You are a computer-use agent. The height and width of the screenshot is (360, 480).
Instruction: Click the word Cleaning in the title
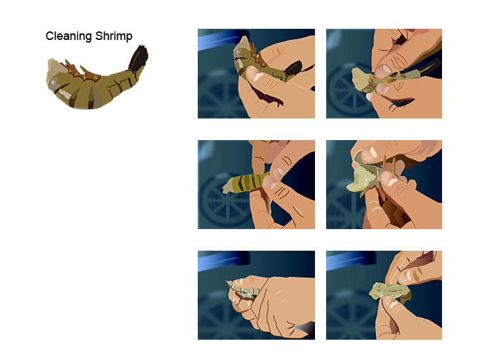pos(69,36)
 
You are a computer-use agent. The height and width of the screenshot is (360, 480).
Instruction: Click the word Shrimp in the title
pos(113,36)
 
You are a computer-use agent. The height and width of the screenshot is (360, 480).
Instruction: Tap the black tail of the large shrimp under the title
pos(138,58)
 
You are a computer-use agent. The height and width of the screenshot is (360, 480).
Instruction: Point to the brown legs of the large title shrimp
pos(81,71)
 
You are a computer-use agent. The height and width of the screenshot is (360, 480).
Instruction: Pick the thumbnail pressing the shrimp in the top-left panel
pos(253,74)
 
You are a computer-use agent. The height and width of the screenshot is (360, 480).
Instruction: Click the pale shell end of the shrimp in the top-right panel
pos(360,79)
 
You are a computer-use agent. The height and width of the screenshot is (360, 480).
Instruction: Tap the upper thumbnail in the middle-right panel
pos(370,154)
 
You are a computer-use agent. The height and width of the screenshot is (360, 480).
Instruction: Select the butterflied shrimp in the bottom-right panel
pos(390,292)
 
